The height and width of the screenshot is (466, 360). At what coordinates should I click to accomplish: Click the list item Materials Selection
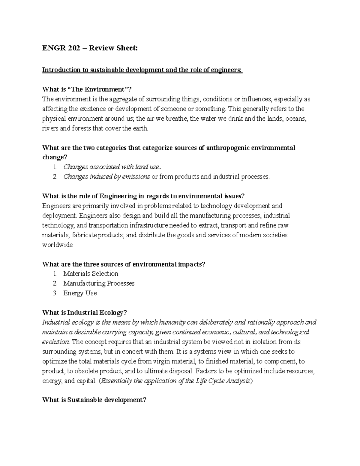91,274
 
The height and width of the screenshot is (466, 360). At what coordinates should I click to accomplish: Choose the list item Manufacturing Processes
99,283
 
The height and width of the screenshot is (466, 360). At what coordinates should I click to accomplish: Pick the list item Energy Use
80,293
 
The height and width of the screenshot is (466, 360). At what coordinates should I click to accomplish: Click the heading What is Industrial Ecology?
85,313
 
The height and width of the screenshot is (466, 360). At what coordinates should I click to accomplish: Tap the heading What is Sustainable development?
94,400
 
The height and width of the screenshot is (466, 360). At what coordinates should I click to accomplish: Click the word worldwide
58,245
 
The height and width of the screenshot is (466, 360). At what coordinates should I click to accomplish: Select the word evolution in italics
56,342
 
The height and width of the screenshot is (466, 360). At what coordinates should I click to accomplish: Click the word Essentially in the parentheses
117,381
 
